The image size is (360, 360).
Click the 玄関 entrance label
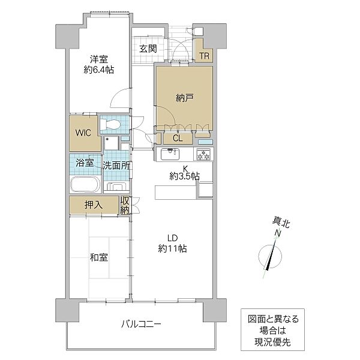click(x=148, y=49)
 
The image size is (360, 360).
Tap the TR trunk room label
click(x=204, y=56)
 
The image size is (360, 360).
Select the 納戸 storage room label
click(x=184, y=98)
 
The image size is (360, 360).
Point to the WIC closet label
click(x=83, y=133)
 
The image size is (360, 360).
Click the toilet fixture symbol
click(x=110, y=125)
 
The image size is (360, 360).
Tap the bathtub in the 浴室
click(x=85, y=184)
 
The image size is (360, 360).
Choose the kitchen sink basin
click(x=170, y=154)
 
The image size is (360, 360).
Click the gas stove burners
click(x=204, y=154)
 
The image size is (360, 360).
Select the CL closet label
click(x=178, y=138)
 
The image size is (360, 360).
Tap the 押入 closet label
click(x=94, y=205)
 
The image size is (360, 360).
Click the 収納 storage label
click(x=125, y=206)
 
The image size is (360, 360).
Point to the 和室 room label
click(x=99, y=257)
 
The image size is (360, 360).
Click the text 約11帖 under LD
click(x=172, y=248)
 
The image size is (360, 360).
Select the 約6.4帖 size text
click(x=99, y=70)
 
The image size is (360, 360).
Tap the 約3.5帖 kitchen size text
click(x=184, y=176)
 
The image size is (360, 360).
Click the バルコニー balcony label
click(x=141, y=324)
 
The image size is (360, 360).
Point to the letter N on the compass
click(x=278, y=233)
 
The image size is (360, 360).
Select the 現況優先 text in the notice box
click(x=272, y=343)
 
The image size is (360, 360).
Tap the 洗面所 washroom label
click(x=116, y=166)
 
